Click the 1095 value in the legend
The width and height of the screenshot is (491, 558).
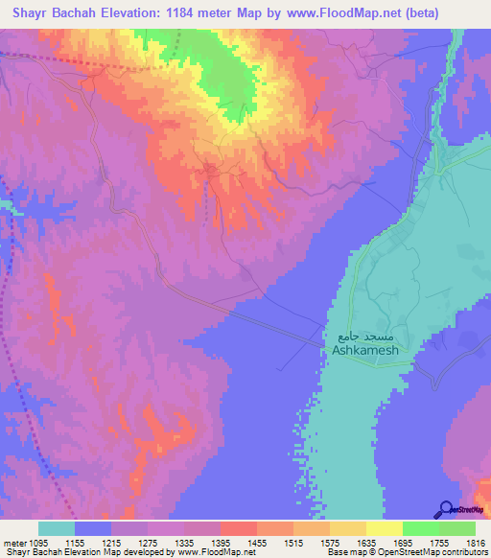pos(35,542)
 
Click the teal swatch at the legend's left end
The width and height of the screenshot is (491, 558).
pos(56,528)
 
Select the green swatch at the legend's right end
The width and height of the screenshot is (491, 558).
pos(456,528)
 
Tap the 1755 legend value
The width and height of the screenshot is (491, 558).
pos(420,542)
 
